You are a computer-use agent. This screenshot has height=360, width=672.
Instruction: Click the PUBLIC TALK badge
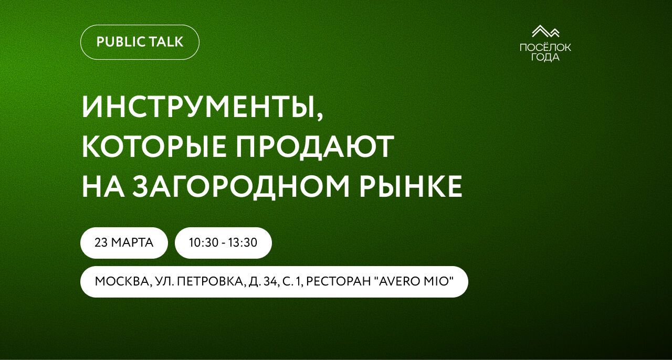coord(140,42)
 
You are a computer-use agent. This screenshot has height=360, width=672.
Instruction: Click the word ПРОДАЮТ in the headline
coord(314,147)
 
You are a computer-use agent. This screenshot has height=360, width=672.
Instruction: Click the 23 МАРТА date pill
coord(124,243)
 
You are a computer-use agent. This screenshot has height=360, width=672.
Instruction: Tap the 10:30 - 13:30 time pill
coord(223,243)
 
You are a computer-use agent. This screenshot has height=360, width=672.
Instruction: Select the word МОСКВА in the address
coord(122,282)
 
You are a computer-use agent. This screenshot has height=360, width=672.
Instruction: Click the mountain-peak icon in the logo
coord(545,32)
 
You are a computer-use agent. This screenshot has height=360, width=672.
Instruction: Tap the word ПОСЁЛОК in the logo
coord(545,48)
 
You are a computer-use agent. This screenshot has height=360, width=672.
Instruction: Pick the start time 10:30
coord(202,243)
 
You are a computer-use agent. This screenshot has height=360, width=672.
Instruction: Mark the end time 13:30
coord(244,243)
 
